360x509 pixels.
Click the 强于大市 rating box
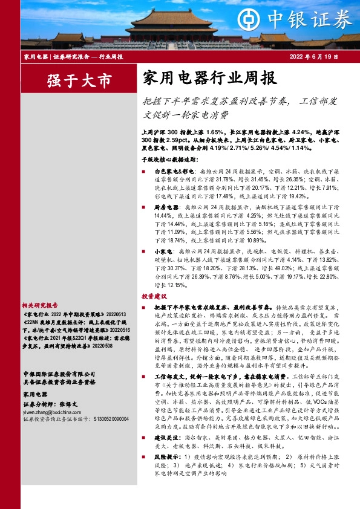coord(71,79)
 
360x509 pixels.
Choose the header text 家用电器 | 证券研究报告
coord(56,56)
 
